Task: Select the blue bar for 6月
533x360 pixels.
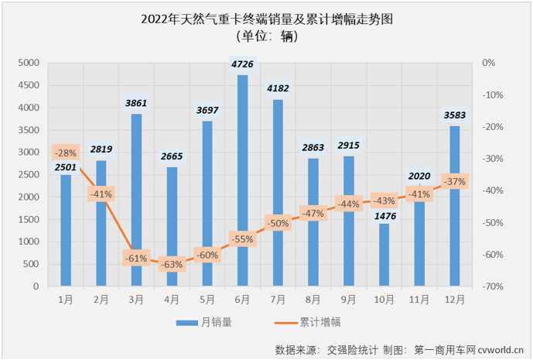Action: pos(242,180)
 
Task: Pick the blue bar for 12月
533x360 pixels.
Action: pos(455,206)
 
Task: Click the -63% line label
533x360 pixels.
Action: pos(172,264)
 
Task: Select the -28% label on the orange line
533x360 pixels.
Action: pos(66,152)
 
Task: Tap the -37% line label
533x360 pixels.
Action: pos(455,181)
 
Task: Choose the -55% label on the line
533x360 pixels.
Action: pos(242,239)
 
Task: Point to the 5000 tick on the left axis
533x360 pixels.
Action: pos(29,63)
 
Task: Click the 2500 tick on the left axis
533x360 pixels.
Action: pos(29,175)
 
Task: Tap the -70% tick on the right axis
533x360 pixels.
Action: pos(492,286)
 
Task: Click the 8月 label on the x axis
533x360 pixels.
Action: pos(313,299)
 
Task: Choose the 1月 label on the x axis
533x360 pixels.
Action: pos(65,299)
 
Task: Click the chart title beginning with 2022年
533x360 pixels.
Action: pos(267,17)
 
